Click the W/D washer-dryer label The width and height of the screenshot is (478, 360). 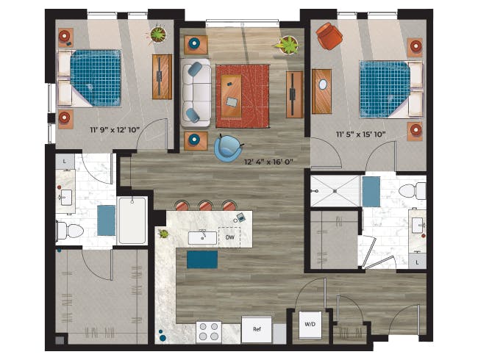pyautogui.click(x=310, y=324)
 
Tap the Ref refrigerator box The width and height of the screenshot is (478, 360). pyautogui.click(x=257, y=330)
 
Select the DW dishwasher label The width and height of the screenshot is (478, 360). pyautogui.click(x=230, y=237)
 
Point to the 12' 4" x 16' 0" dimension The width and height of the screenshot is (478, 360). pyautogui.click(x=268, y=162)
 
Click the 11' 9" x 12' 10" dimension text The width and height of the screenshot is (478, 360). pyautogui.click(x=115, y=130)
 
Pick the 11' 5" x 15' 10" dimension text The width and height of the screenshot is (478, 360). pyautogui.click(x=361, y=134)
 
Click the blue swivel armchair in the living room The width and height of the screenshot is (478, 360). pyautogui.click(x=227, y=148)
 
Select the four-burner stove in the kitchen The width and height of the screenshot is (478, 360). pyautogui.click(x=209, y=332)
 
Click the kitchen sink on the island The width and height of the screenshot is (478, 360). pyautogui.click(x=202, y=238)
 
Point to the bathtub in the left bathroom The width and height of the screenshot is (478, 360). pyautogui.click(x=132, y=220)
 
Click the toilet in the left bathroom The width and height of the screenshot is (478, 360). pyautogui.click(x=70, y=231)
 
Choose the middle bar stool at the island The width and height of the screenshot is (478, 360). pyautogui.click(x=206, y=205)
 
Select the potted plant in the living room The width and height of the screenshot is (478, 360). pyautogui.click(x=288, y=45)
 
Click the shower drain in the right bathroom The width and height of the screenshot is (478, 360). pyautogui.click(x=335, y=191)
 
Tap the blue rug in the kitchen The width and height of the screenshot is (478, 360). pyautogui.click(x=202, y=259)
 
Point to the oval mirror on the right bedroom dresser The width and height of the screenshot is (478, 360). pyautogui.click(x=323, y=84)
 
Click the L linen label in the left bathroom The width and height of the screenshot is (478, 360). pyautogui.click(x=65, y=162)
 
